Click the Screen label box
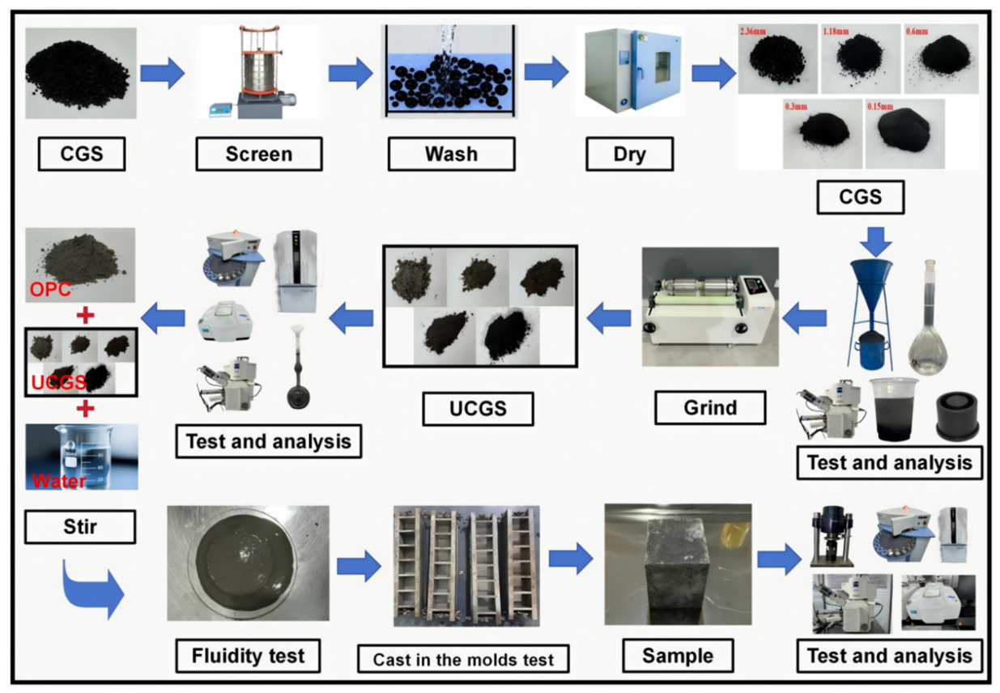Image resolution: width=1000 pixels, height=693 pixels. [x=259, y=154]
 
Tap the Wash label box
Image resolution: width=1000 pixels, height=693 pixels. [x=451, y=154]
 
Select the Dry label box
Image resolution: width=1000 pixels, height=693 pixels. [x=629, y=154]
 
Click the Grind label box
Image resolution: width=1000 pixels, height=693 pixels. [x=710, y=407]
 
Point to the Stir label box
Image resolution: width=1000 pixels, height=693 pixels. [x=80, y=527]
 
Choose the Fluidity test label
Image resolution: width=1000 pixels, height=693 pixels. [x=249, y=656]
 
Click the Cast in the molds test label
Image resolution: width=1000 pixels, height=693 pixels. [x=463, y=659]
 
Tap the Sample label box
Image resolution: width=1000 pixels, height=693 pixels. [x=678, y=656]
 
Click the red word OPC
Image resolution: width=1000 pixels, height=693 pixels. [x=50, y=290]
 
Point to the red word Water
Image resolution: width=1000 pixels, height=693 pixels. [x=58, y=481]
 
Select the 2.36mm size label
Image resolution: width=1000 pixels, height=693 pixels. [x=753, y=32]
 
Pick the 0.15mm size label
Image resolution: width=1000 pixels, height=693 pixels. [x=880, y=106]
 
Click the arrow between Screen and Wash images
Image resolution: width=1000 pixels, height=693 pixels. [x=351, y=73]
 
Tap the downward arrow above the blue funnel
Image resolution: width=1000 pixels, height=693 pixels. [x=876, y=242]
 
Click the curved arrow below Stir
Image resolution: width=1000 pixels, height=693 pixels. [x=92, y=589]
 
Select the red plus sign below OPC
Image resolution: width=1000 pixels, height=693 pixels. [x=85, y=316]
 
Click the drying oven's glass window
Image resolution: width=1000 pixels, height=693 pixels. [x=662, y=68]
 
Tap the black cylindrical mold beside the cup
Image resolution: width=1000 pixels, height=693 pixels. [x=957, y=416]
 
